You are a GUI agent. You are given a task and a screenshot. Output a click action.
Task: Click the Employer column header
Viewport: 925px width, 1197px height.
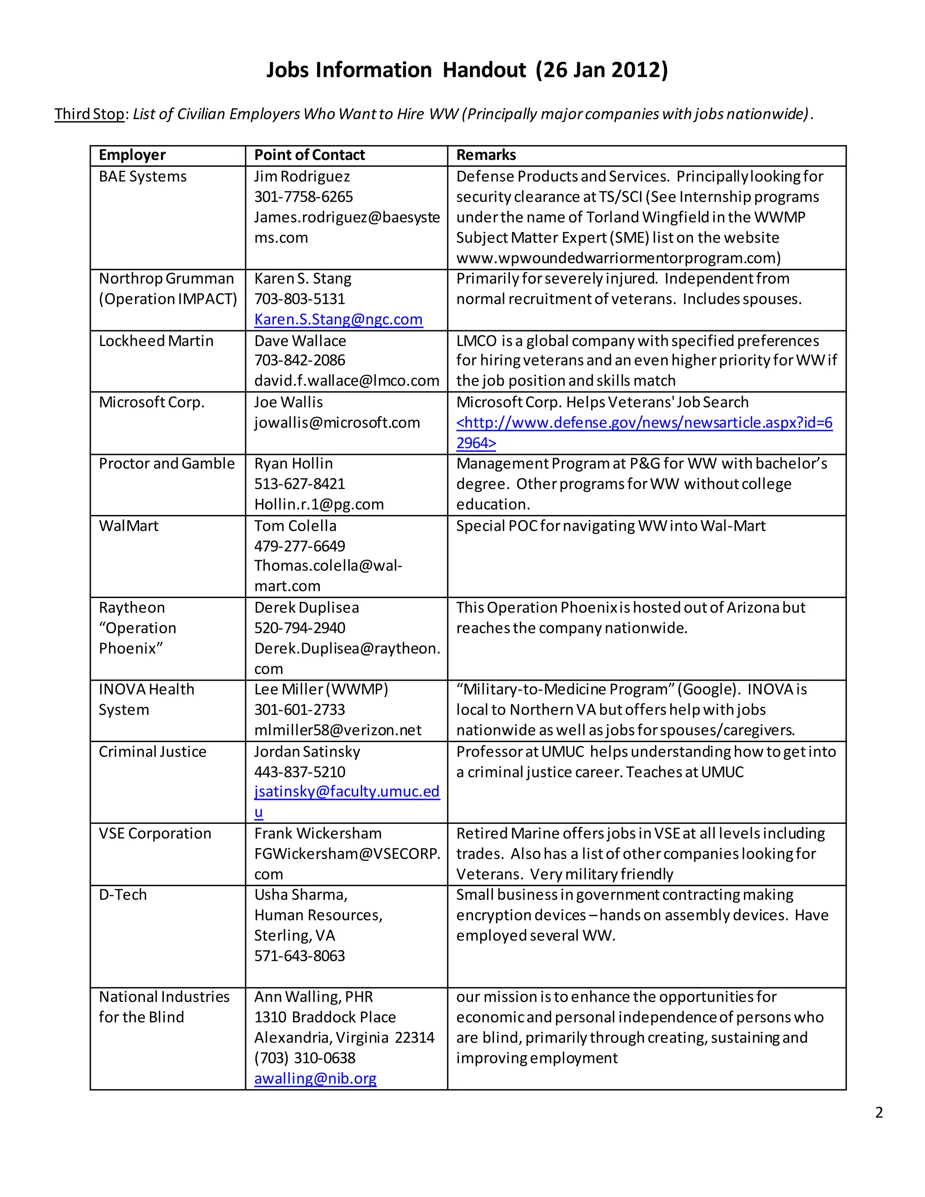132,155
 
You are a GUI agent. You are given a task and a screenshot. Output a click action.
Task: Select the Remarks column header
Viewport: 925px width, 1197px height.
486,155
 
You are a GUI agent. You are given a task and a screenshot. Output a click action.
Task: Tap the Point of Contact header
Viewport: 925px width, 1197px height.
309,155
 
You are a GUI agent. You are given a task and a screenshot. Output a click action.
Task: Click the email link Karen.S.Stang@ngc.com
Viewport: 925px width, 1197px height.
338,319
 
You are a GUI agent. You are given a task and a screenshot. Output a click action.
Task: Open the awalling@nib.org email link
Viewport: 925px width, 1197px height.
315,1079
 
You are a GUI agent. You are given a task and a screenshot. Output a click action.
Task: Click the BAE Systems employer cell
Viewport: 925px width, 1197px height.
142,177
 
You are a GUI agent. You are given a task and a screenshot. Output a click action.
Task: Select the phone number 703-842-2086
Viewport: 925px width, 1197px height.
300,360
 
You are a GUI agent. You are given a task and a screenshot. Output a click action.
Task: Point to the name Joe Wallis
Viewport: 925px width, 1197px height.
288,402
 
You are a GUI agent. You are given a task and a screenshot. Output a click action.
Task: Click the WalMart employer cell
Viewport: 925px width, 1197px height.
129,526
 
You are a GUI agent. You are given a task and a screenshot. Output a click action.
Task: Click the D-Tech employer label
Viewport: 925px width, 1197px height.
123,895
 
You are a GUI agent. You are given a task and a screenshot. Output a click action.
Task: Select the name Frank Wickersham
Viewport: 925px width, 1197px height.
318,834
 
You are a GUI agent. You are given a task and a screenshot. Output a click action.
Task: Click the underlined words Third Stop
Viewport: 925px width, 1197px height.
89,114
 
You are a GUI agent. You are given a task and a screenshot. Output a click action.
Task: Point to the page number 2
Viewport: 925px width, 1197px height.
879,1113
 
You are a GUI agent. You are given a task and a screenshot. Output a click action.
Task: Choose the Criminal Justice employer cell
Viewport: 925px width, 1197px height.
152,752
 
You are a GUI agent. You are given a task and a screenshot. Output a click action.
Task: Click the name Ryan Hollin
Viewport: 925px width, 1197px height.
293,464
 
